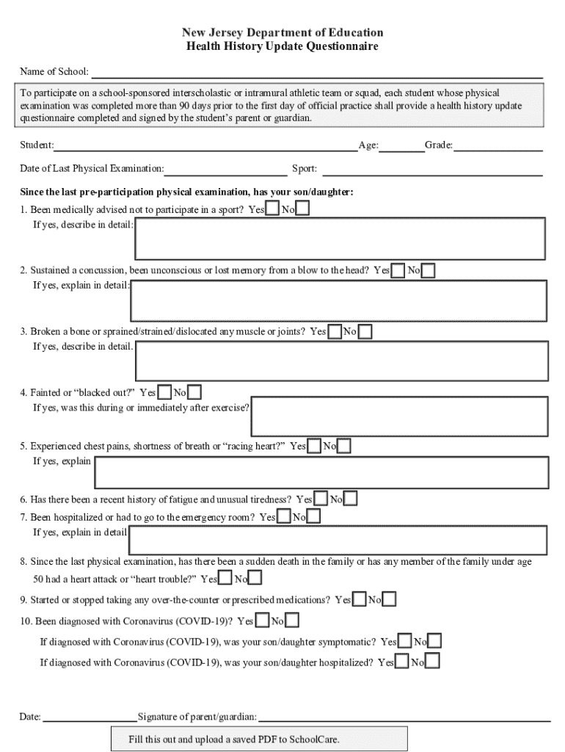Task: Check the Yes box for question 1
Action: point(272,209)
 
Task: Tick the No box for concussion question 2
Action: point(428,271)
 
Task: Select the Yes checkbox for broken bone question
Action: point(335,332)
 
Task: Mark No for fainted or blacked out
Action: point(194,392)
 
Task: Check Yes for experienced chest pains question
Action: point(314,446)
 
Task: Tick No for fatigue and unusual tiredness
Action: point(351,499)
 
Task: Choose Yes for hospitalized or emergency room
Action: point(284,517)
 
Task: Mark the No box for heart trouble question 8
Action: point(255,579)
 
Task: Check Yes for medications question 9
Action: point(360,600)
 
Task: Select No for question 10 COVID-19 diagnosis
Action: point(291,621)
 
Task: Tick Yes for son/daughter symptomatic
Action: point(404,642)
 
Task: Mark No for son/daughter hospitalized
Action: point(433,662)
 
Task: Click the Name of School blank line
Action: point(316,73)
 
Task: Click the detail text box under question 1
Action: point(339,239)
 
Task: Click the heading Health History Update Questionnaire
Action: point(282,46)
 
